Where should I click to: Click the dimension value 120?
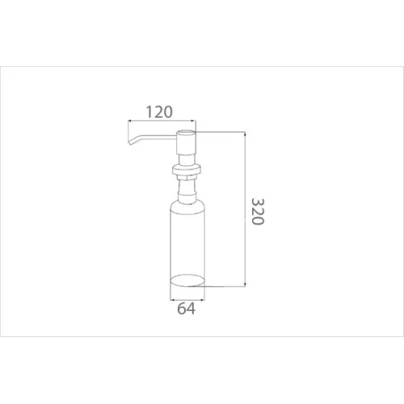159,112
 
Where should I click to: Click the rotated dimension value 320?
258,212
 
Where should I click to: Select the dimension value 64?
186,309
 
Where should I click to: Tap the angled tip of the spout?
131,142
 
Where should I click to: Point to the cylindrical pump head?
185,142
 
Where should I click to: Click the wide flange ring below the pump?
187,170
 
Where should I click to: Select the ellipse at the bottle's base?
187,280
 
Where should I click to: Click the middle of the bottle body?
187,242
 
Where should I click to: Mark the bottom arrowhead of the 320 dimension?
245,284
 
